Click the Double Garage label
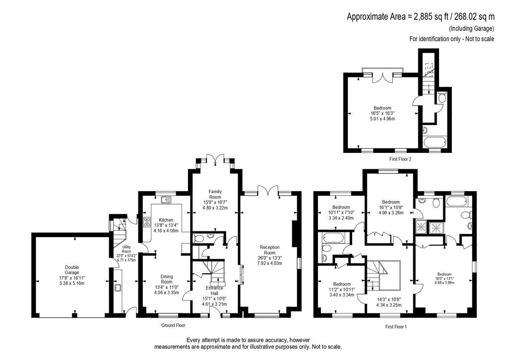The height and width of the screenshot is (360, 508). tap(71, 270)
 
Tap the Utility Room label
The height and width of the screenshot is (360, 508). tap(127, 249)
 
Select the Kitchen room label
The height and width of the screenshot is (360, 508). tap(166, 220)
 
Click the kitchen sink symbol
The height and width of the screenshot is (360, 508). tap(167, 200)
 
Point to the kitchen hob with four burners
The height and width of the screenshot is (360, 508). tap(147, 221)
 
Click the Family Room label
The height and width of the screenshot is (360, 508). tap(215, 194)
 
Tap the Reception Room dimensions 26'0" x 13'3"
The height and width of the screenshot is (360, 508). tap(270, 258)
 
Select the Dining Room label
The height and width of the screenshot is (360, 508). tap(167, 279)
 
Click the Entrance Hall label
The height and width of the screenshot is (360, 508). tap(214, 290)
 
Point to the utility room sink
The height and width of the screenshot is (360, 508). tap(118, 288)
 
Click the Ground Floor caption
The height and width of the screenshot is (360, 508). tap(173, 325)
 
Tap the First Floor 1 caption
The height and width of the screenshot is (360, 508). tap(396, 327)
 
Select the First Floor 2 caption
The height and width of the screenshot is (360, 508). tap(400, 159)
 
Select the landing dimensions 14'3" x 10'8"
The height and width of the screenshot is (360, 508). tap(389, 300)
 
